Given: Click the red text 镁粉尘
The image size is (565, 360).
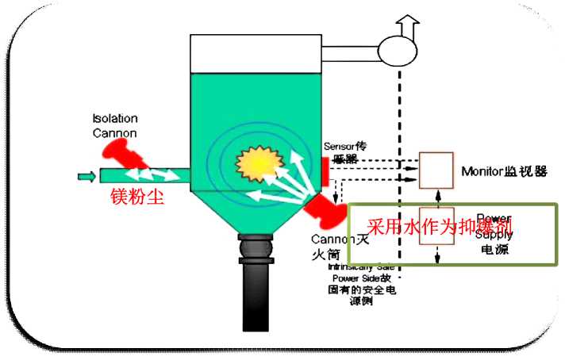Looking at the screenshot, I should coord(136,196).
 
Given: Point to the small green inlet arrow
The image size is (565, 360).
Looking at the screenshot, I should coord(86,175).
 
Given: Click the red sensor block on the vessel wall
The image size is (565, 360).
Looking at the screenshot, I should coord(325,169).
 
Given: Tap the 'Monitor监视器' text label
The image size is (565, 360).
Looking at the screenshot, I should coord(504,170).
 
